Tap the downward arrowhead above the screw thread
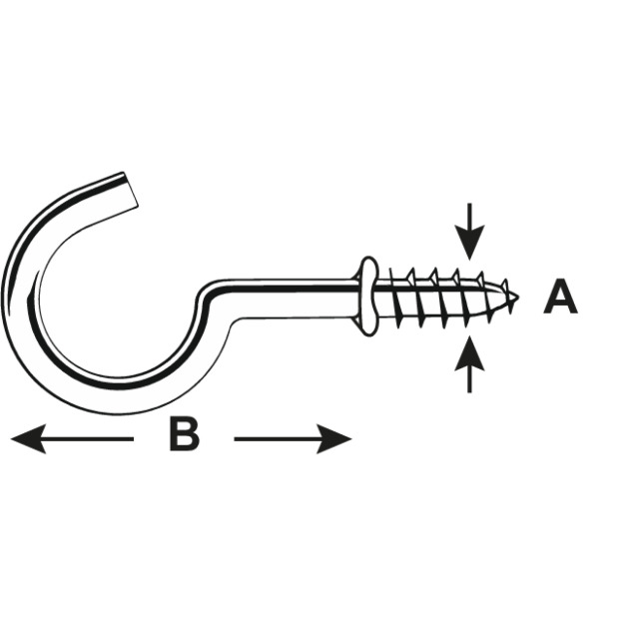tap(469, 243)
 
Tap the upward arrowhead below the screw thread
tap(469, 352)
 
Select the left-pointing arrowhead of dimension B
tap(28, 439)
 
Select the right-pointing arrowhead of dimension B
tap(334, 439)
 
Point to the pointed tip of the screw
tap(517, 297)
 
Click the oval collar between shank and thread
tap(368, 296)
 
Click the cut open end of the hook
tap(131, 190)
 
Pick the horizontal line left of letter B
tap(87, 439)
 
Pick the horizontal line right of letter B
tap(278, 439)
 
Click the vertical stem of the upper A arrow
tap(469, 215)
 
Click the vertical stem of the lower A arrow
tap(469, 381)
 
